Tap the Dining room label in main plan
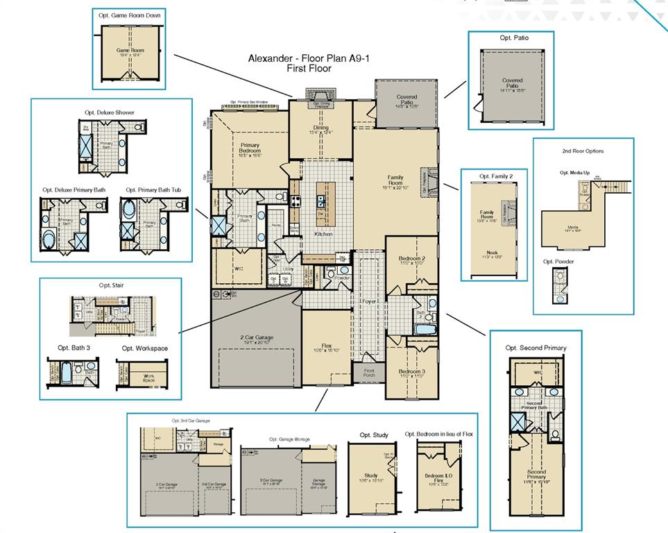coord(320,128)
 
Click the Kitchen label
coord(323,234)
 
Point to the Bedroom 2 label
coord(412,259)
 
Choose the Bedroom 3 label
coord(412,371)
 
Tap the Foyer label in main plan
coord(368,302)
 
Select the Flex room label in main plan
coord(327,345)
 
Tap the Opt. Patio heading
coord(513,37)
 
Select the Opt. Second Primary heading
coord(536,348)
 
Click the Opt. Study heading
coord(374,435)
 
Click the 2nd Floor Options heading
coord(583,151)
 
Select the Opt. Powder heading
coord(558,262)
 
